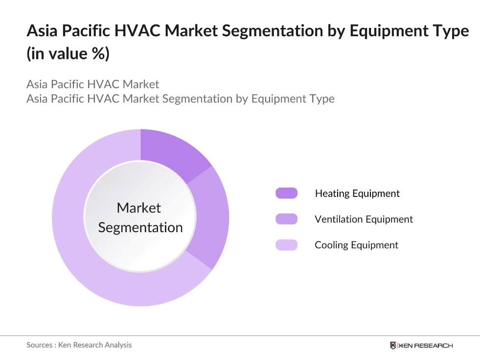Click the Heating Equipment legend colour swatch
[286, 193]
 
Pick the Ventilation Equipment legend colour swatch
[286, 219]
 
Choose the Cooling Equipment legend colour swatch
[286, 245]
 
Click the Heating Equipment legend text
[357, 193]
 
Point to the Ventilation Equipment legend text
[364, 219]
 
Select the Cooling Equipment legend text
[356, 245]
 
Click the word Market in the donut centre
[139, 208]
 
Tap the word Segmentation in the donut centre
[140, 227]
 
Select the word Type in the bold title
[449, 31]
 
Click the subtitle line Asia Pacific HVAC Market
[92, 84]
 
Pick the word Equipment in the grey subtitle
[279, 98]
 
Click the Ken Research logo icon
[393, 345]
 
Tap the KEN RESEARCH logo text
[426, 345]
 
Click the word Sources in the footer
[39, 345]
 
